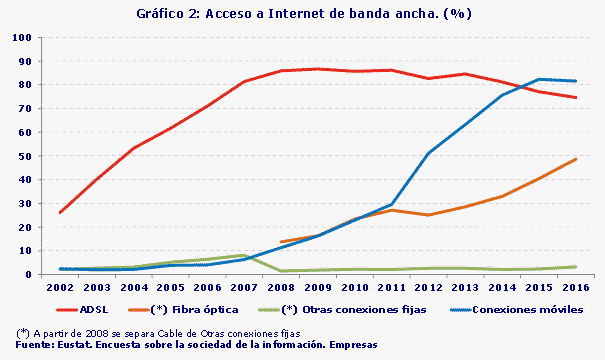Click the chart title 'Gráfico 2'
point(302,14)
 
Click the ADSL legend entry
point(89,309)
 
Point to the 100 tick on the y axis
point(22,37)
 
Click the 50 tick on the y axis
point(25,156)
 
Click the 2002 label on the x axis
point(61,288)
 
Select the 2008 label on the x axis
point(283,288)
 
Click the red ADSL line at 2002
point(61,212)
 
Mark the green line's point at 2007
point(246,255)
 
